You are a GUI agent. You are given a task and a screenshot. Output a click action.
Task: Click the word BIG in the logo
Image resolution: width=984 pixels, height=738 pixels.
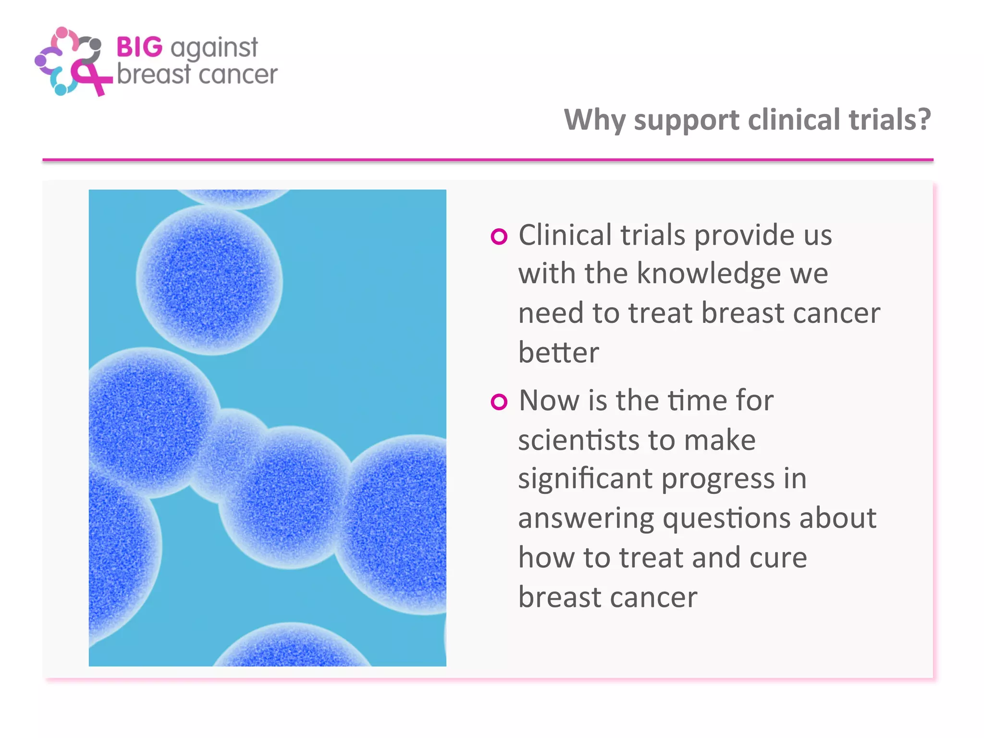tap(139, 48)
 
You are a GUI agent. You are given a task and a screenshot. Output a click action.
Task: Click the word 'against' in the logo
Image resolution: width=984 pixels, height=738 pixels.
tap(214, 49)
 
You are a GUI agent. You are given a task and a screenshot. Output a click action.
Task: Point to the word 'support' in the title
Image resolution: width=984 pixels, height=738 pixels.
tap(687, 121)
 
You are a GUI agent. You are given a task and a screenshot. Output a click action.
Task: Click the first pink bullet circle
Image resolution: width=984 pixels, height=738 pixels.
tap(499, 236)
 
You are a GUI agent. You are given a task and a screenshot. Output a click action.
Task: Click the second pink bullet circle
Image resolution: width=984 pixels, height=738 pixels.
tap(499, 402)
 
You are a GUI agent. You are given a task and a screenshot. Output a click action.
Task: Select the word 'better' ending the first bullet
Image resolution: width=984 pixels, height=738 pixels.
tap(558, 353)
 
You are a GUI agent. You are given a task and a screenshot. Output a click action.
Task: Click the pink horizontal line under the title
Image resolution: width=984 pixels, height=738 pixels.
tap(488, 160)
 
